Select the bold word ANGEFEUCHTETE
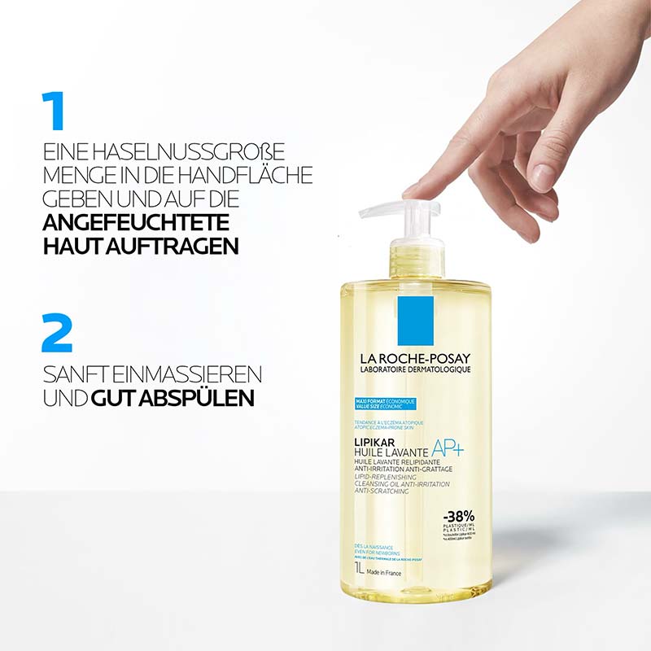pos(135,223)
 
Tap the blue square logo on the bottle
pos(415,319)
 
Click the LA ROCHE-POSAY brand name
pos(415,359)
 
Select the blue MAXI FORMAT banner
pos(387,403)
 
